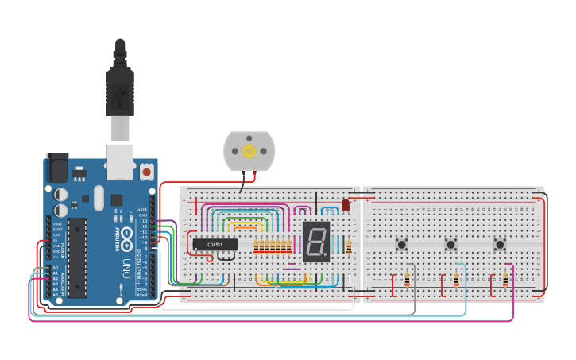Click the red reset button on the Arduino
click(147, 171)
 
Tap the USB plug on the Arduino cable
click(120, 84)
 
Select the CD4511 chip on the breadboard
click(215, 243)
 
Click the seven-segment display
click(316, 242)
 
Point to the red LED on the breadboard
click(346, 206)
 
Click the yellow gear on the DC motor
click(249, 150)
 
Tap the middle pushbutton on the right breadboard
click(451, 244)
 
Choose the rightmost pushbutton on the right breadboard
click(501, 244)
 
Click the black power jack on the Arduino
click(57, 167)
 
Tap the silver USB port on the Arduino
click(119, 161)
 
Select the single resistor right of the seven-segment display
click(349, 246)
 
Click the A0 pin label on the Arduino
click(55, 268)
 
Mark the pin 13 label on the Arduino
click(144, 220)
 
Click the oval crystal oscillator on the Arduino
click(98, 197)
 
